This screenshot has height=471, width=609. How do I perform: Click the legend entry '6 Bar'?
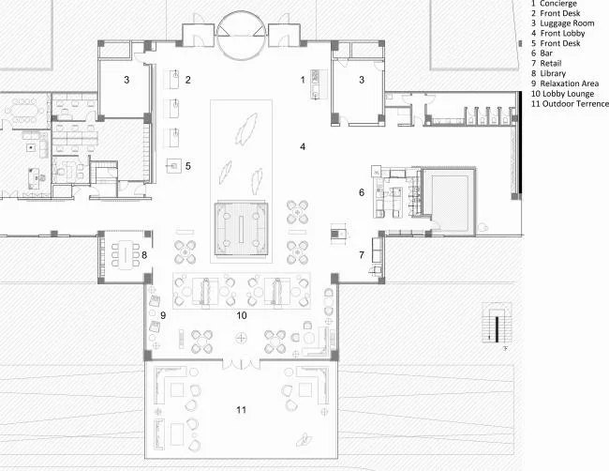pyautogui.click(x=542, y=53)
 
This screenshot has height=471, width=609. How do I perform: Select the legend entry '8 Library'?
pyautogui.click(x=548, y=73)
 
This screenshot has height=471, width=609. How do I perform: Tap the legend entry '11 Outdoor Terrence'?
pyautogui.click(x=570, y=104)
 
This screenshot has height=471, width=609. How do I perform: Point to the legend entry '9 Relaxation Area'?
pyautogui.click(x=565, y=84)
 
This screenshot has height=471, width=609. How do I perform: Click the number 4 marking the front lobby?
pyautogui.click(x=303, y=146)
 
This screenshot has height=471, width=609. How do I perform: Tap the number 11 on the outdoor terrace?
pyautogui.click(x=241, y=410)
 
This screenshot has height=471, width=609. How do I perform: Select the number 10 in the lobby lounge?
pyautogui.click(x=242, y=315)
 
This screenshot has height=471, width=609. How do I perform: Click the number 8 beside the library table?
pyautogui.click(x=144, y=255)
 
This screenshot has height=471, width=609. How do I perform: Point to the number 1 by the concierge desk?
pyautogui.click(x=303, y=80)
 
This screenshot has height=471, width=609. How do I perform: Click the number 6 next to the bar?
pyautogui.click(x=362, y=192)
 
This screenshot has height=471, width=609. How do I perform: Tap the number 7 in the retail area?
pyautogui.click(x=362, y=255)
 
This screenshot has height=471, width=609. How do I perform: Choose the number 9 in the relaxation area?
pyautogui.click(x=163, y=315)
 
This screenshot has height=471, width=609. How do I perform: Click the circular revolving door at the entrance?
pyautogui.click(x=241, y=36)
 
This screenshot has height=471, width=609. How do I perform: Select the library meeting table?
pyautogui.click(x=126, y=255)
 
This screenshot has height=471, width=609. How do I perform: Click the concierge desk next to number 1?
pyautogui.click(x=315, y=84)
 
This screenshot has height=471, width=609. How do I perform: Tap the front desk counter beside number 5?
pyautogui.click(x=174, y=166)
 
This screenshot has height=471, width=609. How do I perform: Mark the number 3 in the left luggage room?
pyautogui.click(x=126, y=80)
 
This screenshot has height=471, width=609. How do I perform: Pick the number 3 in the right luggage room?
pyautogui.click(x=362, y=80)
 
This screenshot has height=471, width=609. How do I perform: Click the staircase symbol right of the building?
pyautogui.click(x=497, y=323)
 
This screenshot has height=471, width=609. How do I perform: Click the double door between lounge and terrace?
pyautogui.click(x=241, y=364)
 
